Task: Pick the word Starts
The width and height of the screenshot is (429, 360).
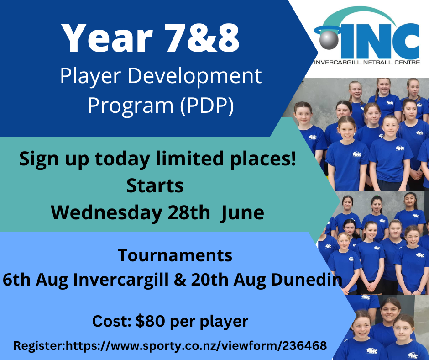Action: click(x=155, y=186)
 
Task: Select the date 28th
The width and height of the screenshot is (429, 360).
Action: click(x=188, y=212)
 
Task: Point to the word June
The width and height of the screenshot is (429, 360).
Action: click(x=241, y=212)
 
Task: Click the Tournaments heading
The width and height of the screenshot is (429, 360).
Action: click(x=175, y=255)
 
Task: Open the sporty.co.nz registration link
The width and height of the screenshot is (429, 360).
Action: click(x=197, y=346)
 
